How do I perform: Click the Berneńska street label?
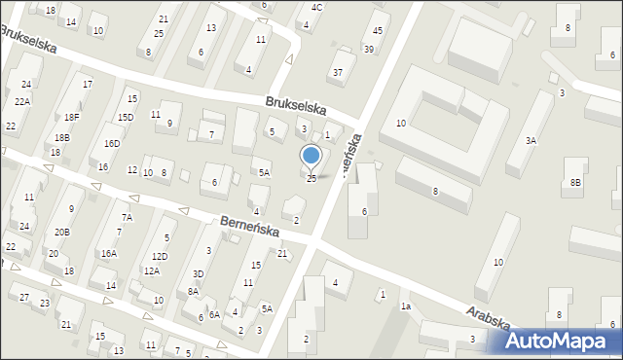click(x=249, y=228)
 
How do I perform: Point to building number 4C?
click(x=316, y=8)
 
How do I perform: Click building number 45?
click(x=378, y=31)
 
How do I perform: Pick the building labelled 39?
click(x=368, y=49)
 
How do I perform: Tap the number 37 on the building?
click(x=338, y=72)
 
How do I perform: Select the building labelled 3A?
click(x=531, y=141)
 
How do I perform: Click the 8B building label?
click(x=576, y=182)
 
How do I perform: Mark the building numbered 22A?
click(x=21, y=101)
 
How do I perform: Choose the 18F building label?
click(x=72, y=117)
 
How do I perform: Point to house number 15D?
click(x=126, y=117)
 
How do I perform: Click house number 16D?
click(x=112, y=144)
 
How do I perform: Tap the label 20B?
click(x=62, y=232)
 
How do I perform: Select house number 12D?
click(x=159, y=256)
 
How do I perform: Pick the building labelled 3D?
click(x=198, y=274)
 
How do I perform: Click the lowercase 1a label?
click(x=406, y=306)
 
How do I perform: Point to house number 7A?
click(x=127, y=217)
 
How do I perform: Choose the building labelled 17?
click(x=88, y=85)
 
